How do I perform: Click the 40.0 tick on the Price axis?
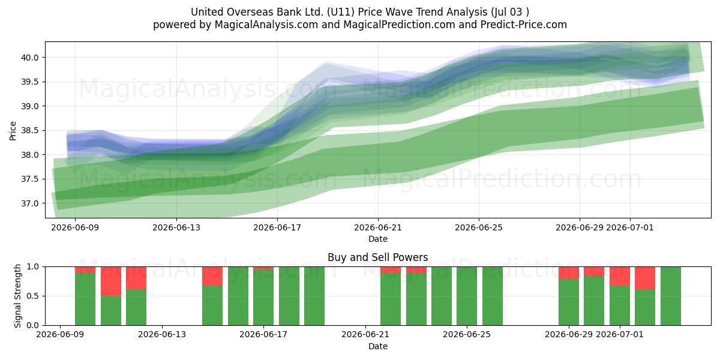click(29, 58)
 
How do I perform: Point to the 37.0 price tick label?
click(29, 203)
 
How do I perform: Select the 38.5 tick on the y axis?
click(29, 131)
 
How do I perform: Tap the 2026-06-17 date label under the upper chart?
click(277, 227)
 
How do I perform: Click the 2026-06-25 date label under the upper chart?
click(479, 227)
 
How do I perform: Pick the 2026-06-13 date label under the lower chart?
click(161, 334)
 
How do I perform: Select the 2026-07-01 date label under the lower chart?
click(620, 334)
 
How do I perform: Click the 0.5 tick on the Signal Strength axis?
click(32, 296)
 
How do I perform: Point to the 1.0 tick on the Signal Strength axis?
click(32, 267)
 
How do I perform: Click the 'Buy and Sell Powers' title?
click(377, 257)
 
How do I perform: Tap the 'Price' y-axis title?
click(13, 131)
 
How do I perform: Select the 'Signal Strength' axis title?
click(17, 296)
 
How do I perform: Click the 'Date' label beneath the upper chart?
click(377, 239)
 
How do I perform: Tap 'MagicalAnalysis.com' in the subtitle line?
click(266, 25)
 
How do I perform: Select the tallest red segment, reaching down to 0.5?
click(111, 281)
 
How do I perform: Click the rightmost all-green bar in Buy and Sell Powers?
click(671, 296)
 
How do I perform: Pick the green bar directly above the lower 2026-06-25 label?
click(467, 296)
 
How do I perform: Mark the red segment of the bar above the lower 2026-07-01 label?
click(620, 276)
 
